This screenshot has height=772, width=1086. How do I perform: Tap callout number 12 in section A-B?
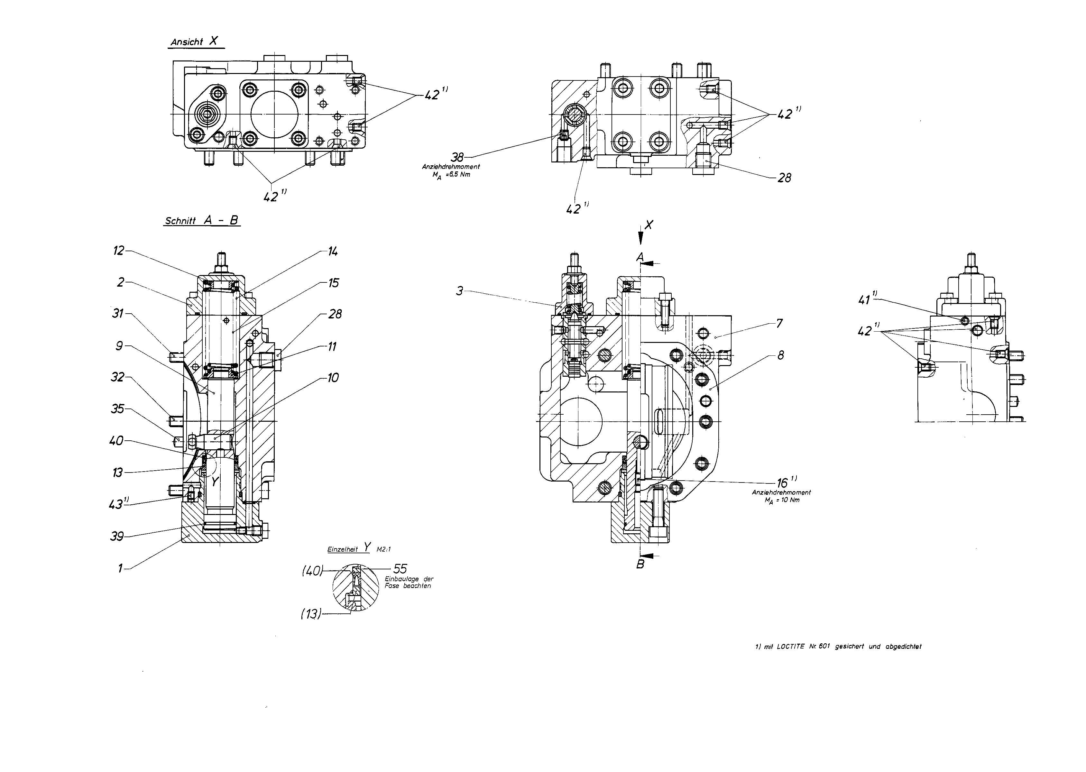[118, 251]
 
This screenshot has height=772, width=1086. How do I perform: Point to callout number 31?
[117, 314]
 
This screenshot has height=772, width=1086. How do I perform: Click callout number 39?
[117, 537]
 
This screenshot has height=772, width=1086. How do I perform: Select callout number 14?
[333, 252]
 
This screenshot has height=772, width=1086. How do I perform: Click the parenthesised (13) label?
[311, 614]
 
